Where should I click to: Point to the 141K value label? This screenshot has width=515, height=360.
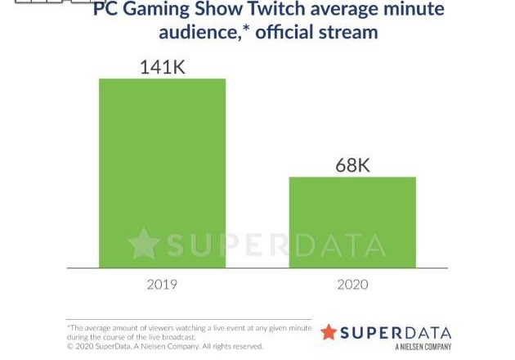pyautogui.click(x=162, y=66)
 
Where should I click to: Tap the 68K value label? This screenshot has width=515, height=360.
pyautogui.click(x=352, y=164)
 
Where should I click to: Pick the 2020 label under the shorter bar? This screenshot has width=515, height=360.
pyautogui.click(x=352, y=285)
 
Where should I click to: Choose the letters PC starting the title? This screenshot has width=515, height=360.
pyautogui.click(x=105, y=11)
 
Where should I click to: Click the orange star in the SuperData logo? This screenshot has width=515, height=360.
pyautogui.click(x=328, y=332)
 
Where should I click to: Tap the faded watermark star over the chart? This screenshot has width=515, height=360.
pyautogui.click(x=143, y=245)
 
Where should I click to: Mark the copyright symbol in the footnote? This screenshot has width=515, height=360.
pyautogui.click(x=70, y=346)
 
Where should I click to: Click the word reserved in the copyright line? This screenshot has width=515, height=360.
pyautogui.click(x=248, y=346)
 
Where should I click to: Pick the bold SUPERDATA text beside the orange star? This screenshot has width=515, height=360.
pyautogui.click(x=396, y=332)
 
